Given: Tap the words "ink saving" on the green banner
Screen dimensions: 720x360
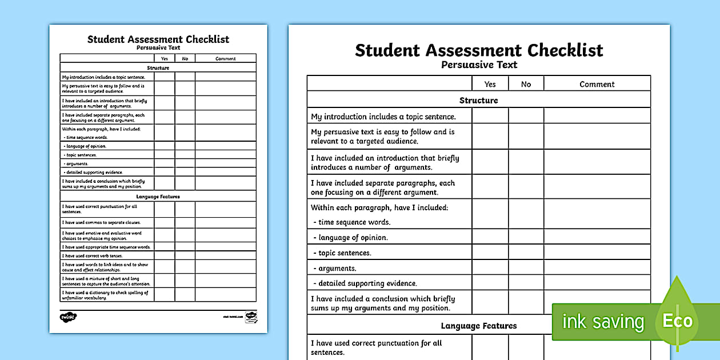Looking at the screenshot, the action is (603, 321).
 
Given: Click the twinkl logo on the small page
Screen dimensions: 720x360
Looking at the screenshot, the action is (68, 315).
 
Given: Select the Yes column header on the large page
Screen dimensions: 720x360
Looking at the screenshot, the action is (490, 84).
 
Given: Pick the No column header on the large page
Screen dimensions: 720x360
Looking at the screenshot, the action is (526, 84).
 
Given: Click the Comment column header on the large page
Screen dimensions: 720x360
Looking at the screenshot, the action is (597, 84).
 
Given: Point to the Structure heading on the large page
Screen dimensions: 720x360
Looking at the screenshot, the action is (478, 100).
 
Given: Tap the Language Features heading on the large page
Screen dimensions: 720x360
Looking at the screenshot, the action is (478, 326).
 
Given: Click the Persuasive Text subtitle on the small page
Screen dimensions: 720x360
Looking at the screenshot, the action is (158, 48).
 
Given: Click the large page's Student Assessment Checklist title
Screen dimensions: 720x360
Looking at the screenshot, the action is (478, 50).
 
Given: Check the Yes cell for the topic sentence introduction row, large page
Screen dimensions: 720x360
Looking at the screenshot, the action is (490, 116).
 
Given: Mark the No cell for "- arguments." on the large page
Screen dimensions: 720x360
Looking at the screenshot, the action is (526, 268).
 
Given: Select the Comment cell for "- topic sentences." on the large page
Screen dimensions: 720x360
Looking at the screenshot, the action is (597, 253).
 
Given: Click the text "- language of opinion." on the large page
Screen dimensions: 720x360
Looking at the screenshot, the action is (350, 238).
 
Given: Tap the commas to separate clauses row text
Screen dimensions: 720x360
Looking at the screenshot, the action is (101, 222).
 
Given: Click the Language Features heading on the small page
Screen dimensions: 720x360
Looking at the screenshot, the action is (158, 197).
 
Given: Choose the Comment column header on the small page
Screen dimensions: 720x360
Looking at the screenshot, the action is (225, 58).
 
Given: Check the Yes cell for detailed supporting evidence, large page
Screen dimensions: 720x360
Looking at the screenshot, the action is (490, 283).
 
